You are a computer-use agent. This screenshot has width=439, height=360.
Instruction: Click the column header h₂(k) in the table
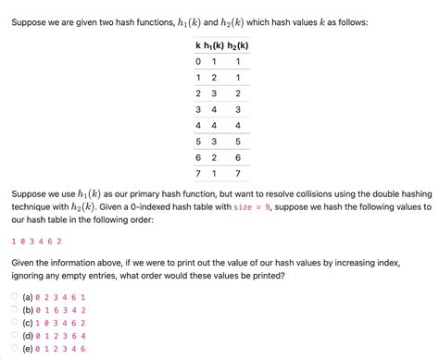pos(243,45)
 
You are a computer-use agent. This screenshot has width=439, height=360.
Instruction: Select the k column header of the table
pos(196,45)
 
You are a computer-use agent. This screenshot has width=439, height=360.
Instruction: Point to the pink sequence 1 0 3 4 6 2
pos(36,241)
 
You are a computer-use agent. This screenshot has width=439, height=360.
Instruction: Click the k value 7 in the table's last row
pos(197,172)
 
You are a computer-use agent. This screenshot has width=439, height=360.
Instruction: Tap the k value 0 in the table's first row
pos(197,62)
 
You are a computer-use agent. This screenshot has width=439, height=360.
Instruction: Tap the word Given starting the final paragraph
pos(25,262)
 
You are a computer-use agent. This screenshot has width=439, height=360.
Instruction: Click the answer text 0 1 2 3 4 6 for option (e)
pos(60,349)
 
